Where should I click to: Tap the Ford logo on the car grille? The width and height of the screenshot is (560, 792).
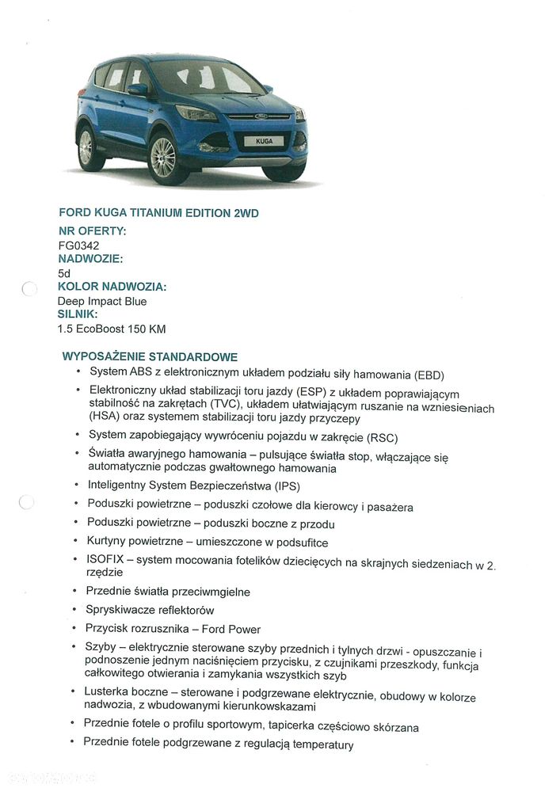[261, 116]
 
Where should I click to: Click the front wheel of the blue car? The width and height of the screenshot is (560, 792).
[164, 157]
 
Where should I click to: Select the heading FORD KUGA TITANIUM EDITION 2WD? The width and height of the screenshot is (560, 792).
[158, 213]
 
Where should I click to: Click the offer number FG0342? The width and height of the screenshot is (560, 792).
[78, 246]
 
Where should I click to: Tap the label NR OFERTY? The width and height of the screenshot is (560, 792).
[92, 231]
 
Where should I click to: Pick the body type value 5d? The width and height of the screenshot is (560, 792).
[64, 273]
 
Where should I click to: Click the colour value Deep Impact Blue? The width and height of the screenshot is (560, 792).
[101, 301]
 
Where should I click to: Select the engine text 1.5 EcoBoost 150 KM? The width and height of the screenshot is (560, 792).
[112, 329]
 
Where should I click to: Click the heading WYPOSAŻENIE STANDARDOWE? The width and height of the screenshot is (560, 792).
[150, 357]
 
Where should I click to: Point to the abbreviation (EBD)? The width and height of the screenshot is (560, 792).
[428, 375]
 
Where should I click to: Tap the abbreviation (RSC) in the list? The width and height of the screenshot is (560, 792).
[382, 437]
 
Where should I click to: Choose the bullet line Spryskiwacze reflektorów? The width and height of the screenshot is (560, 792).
[150, 610]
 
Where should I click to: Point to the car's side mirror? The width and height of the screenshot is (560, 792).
[138, 89]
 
